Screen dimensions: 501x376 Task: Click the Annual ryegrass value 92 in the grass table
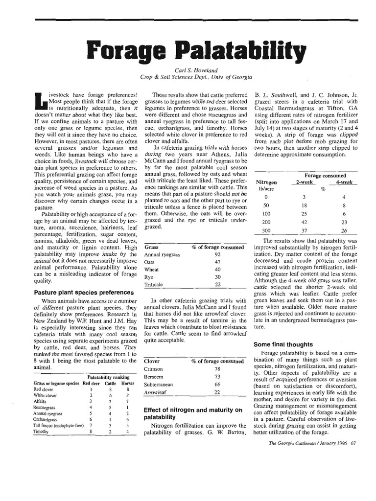click(217, 255)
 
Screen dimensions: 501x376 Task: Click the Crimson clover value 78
click(217, 369)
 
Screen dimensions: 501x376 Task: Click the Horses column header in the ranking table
click(127, 383)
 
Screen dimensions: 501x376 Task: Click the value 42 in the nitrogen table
click(304, 222)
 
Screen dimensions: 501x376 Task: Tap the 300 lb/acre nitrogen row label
click(266, 230)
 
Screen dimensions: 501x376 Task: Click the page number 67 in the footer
click(353, 444)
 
